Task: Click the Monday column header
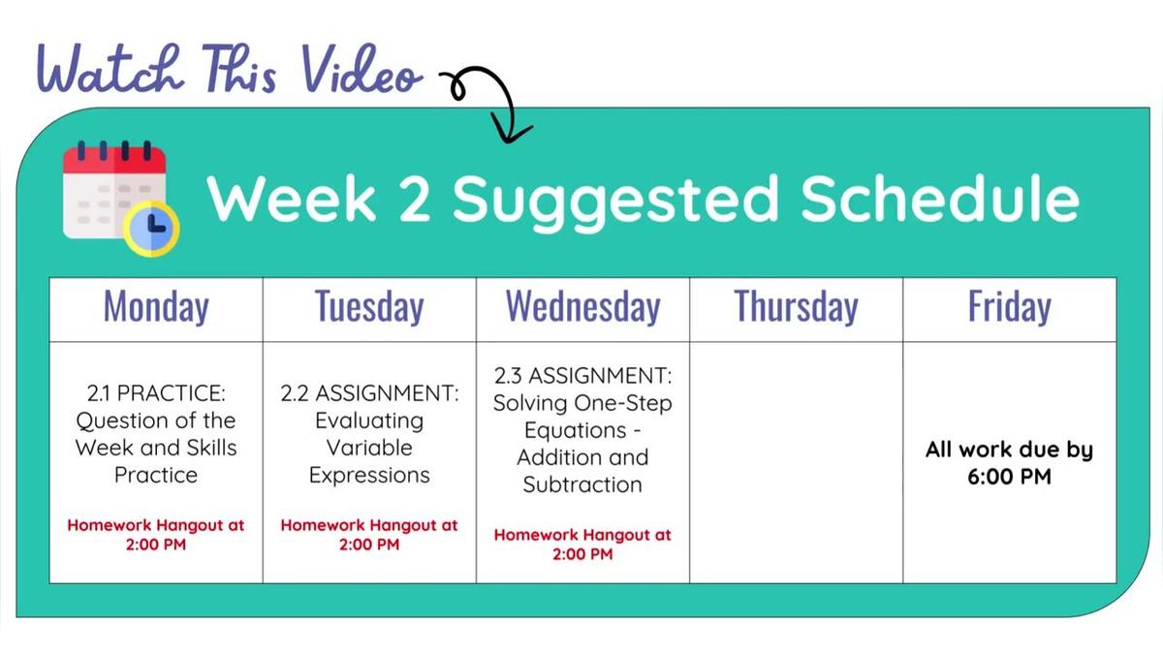point(156,307)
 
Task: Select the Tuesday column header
point(369,307)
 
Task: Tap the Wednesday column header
point(582,307)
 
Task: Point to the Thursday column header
point(796,307)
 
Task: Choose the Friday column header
point(1009,307)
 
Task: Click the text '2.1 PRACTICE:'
point(156,393)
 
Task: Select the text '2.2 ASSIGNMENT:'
point(369,393)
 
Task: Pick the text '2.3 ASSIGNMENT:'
point(582,375)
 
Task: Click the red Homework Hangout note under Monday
point(156,534)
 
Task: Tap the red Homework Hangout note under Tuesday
point(369,534)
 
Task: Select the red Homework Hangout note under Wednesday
point(582,544)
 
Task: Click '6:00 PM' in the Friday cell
point(1009,477)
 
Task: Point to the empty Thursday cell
point(796,462)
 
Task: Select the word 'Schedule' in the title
point(939,199)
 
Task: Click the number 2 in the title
point(413,199)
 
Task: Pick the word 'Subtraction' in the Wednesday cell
point(582,484)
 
